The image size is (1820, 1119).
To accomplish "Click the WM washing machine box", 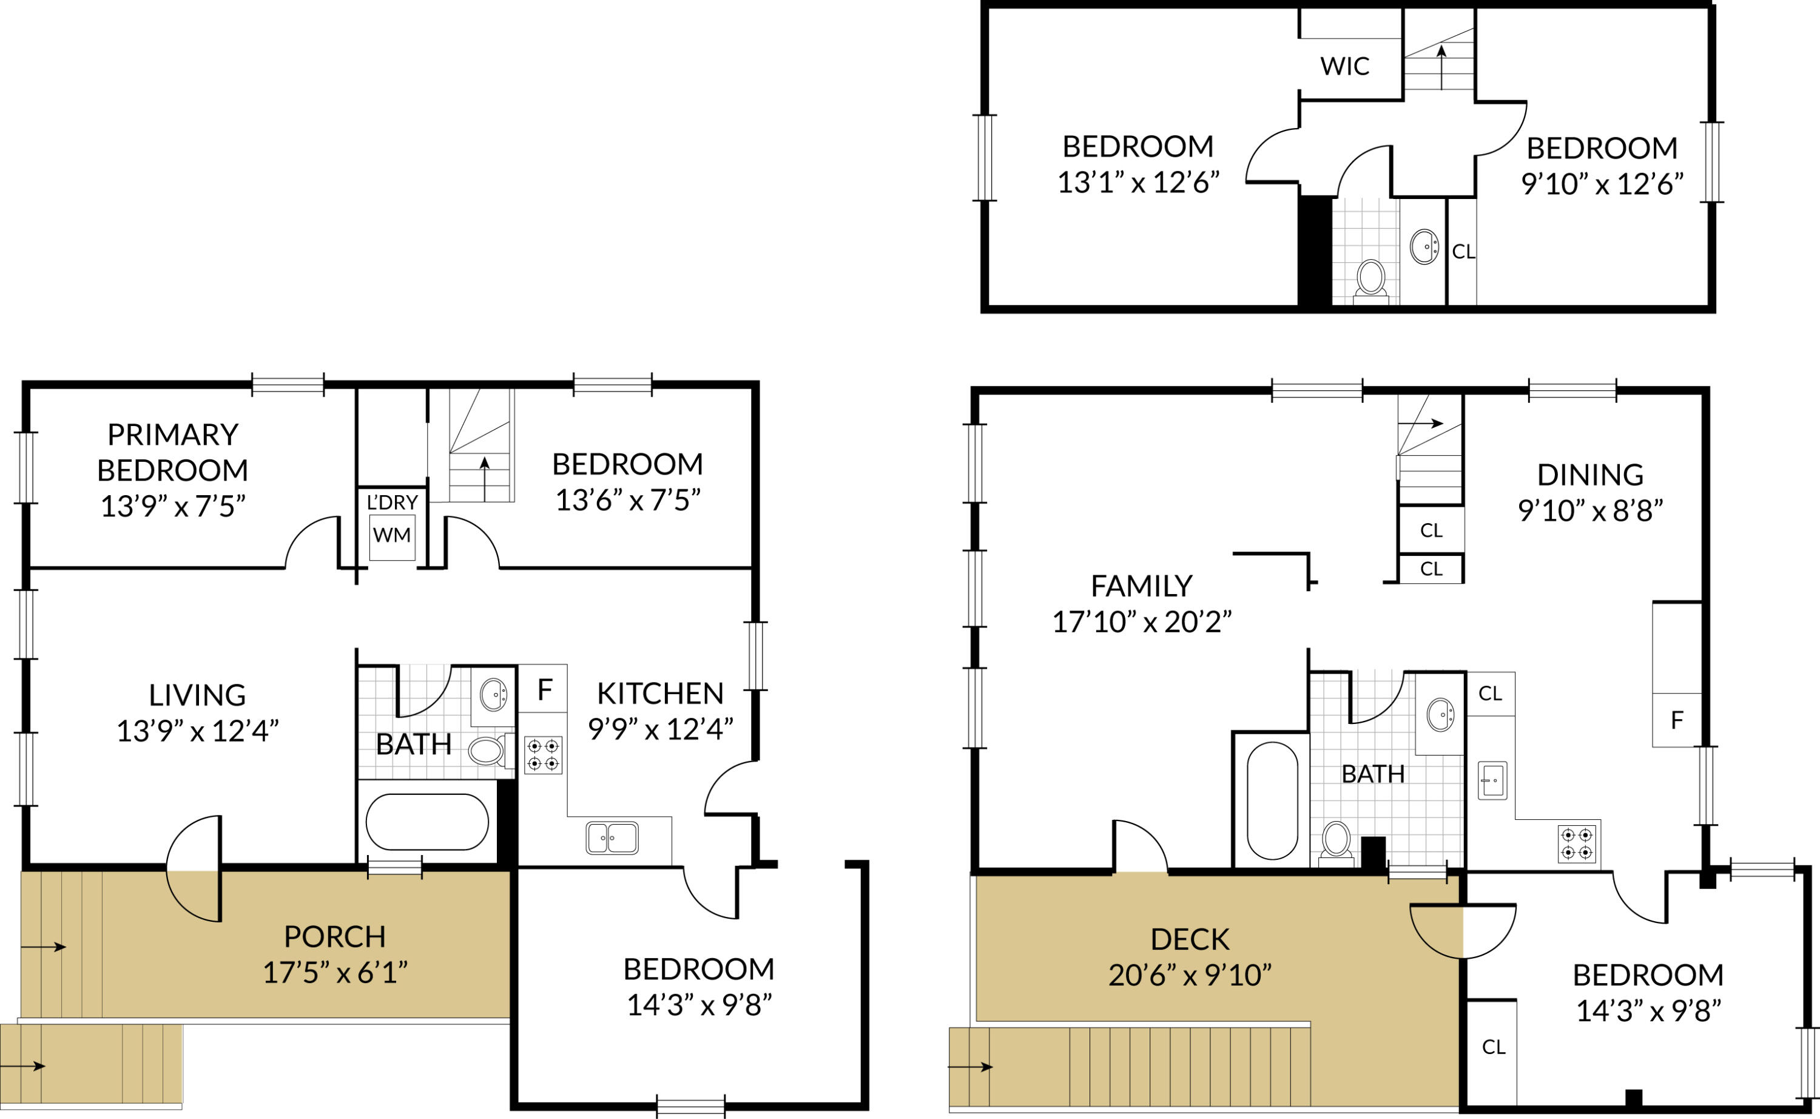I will click(391, 535).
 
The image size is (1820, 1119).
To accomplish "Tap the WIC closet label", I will click(1344, 67).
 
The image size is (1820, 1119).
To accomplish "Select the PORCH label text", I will click(334, 937).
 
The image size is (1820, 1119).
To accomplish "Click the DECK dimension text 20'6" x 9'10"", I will click(1190, 975).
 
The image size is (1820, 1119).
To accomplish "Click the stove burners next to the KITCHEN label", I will click(543, 755).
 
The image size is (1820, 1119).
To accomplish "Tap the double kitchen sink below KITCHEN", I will click(612, 838).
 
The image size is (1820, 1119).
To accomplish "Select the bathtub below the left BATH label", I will click(427, 822).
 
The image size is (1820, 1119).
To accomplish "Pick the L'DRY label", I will click(392, 502).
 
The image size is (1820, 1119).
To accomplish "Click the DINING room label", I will click(1590, 475).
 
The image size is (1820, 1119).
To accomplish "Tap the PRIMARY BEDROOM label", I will click(172, 452).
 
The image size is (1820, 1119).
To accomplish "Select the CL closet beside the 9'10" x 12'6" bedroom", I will click(1462, 252).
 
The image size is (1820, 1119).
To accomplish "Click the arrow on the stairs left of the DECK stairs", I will click(970, 1066).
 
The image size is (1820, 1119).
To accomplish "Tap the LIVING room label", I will click(197, 695).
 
